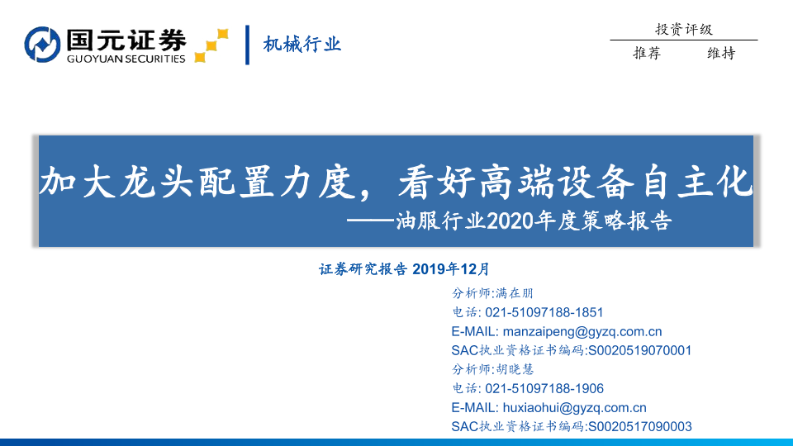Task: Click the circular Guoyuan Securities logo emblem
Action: [x=42, y=45]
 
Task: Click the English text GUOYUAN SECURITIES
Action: [x=126, y=59]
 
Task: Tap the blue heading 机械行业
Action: [x=302, y=45]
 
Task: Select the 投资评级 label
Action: [x=684, y=30]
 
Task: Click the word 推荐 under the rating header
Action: [x=647, y=53]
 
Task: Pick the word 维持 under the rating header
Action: [x=721, y=53]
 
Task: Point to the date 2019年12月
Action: [x=451, y=269]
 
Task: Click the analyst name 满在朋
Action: [x=515, y=293]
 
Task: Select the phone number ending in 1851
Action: [x=544, y=312]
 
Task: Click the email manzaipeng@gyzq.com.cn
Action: [x=582, y=332]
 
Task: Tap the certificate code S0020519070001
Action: [x=639, y=350]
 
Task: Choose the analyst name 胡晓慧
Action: [x=515, y=370]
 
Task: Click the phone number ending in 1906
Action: [x=544, y=388]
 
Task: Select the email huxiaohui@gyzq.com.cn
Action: [x=575, y=407]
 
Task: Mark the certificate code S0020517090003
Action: [x=639, y=427]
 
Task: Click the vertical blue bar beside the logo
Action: [x=247, y=45]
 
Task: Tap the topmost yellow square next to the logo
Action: [x=222, y=34]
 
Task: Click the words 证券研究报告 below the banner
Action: [x=363, y=269]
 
